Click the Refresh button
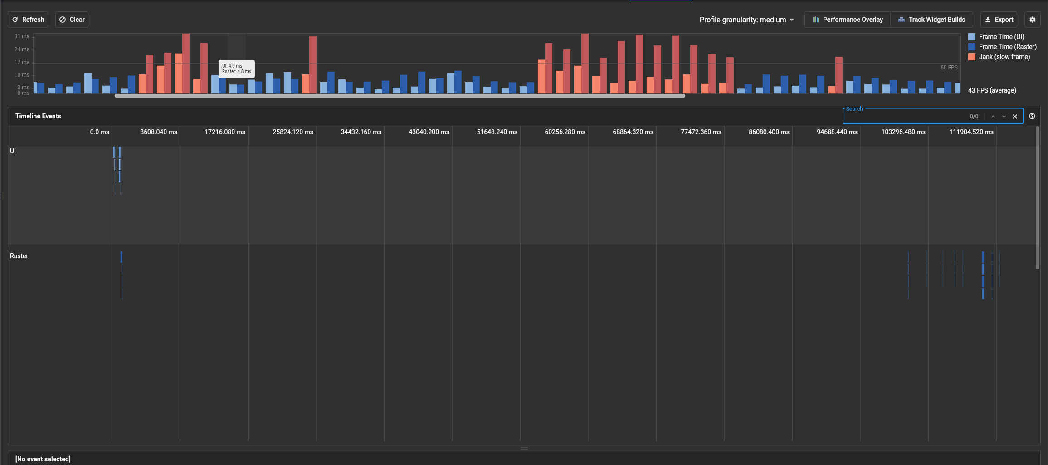pyautogui.click(x=28, y=20)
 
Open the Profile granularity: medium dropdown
pyautogui.click(x=746, y=20)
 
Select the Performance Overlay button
pyautogui.click(x=848, y=20)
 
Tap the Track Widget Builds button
pyautogui.click(x=931, y=20)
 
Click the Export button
pyautogui.click(x=999, y=20)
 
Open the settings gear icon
pyautogui.click(x=1033, y=20)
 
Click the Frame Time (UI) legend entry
pyautogui.click(x=1001, y=37)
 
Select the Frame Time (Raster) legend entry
pyautogui.click(x=1007, y=47)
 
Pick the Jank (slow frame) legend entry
pyautogui.click(x=1004, y=57)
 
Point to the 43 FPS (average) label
pyautogui.click(x=992, y=90)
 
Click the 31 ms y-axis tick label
pyautogui.click(x=22, y=36)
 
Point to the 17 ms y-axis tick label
pyautogui.click(x=22, y=62)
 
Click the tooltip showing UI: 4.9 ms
pyautogui.click(x=236, y=69)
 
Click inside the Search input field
pyautogui.click(x=902, y=117)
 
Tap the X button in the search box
pyautogui.click(x=1015, y=117)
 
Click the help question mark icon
pyautogui.click(x=1032, y=116)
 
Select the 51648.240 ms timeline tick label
pyautogui.click(x=497, y=132)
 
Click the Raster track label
pyautogui.click(x=19, y=256)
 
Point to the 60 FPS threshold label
pyautogui.click(x=949, y=68)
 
